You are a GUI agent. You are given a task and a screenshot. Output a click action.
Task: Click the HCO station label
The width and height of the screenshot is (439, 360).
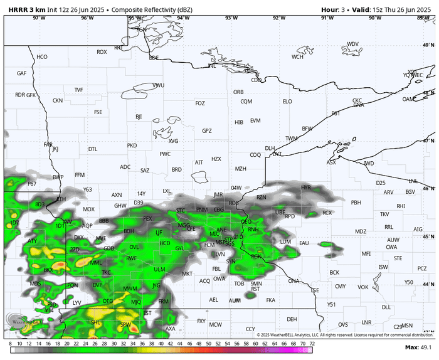pyautogui.click(x=42, y=57)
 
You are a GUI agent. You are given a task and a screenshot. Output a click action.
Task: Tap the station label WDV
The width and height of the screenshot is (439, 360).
pyautogui.click(x=353, y=44)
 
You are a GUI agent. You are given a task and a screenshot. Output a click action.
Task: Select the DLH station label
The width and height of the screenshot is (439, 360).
pyautogui.click(x=270, y=148)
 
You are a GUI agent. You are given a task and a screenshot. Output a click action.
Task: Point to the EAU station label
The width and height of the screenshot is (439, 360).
pyautogui.click(x=305, y=243)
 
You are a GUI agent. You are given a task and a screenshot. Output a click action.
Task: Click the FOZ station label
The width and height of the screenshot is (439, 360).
pyautogui.click(x=200, y=103)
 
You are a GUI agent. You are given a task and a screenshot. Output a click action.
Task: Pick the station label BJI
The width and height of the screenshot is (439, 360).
pyautogui.click(x=139, y=117)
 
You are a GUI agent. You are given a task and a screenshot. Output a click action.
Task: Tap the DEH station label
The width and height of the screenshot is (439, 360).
pyautogui.click(x=292, y=319)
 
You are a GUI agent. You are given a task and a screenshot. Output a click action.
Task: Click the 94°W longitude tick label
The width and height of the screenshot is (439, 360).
pyautogui.click(x=183, y=18)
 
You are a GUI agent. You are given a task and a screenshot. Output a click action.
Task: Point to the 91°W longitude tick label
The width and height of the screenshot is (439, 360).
pyautogui.click(x=327, y=18)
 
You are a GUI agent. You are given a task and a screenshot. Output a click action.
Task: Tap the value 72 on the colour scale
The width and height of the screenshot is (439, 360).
pyautogui.click(x=312, y=344)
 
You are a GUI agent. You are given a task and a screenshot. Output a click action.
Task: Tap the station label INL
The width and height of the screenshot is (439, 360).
pyautogui.click(x=212, y=65)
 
